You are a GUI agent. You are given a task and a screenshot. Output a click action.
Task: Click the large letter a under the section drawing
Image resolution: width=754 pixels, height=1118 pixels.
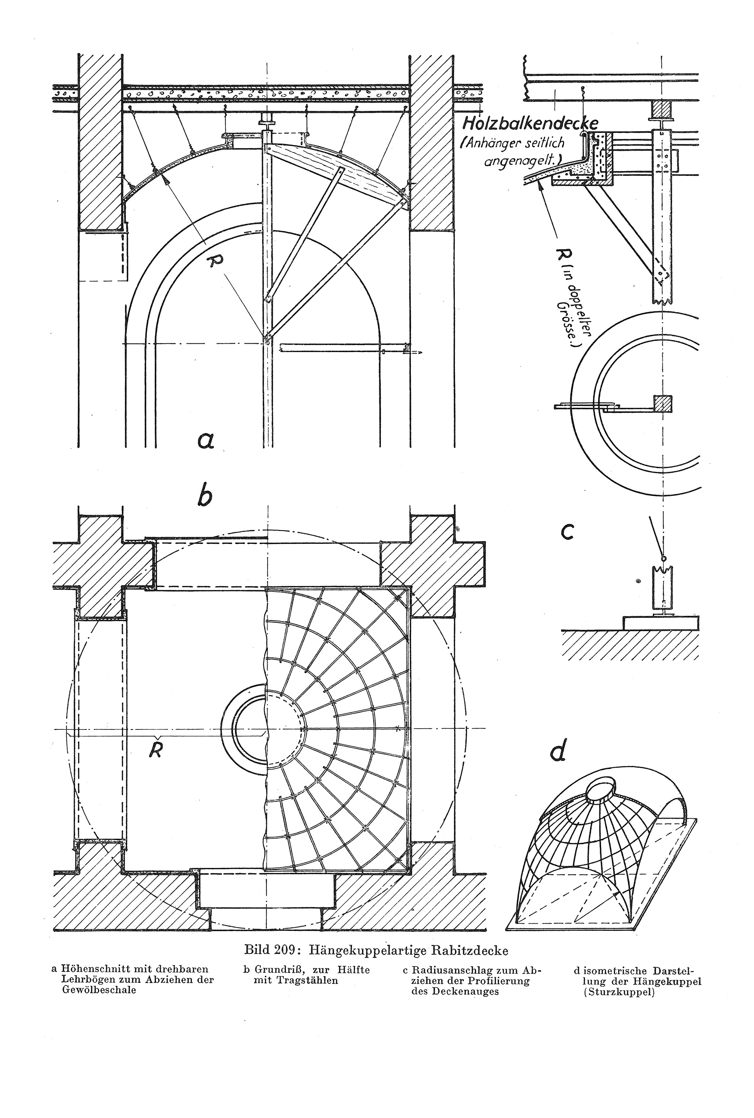[205, 440]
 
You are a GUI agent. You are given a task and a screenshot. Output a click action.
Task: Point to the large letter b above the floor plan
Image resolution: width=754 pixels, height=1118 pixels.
[204, 495]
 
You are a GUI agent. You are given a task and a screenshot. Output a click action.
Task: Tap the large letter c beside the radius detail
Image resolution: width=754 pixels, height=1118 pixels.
[567, 532]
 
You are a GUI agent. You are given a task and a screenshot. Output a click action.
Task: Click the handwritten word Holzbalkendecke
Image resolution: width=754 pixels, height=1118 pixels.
[530, 124]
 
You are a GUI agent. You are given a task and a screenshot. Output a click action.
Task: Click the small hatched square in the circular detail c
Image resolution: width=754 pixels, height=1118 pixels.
[662, 403]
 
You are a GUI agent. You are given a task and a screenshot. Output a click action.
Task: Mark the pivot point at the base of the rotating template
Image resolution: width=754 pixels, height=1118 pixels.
[266, 342]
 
